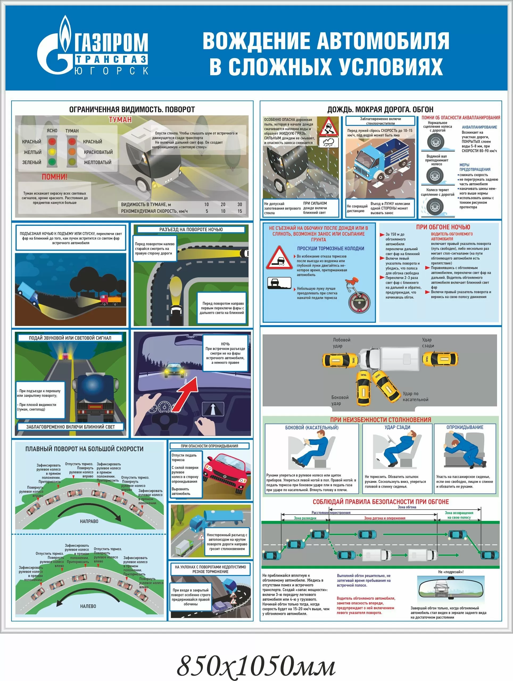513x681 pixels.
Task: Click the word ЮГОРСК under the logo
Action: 111,71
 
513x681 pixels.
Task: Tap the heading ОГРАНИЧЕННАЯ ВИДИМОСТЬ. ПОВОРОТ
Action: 132,109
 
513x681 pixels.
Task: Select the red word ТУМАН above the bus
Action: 120,119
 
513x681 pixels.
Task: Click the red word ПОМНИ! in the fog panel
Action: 55,177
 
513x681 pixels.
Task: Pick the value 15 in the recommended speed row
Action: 240,211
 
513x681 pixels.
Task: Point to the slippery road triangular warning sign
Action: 328,127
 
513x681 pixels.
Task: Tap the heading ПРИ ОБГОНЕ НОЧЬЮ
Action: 443,227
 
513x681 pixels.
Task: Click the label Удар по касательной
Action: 415,396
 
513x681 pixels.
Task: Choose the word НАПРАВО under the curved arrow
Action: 89,521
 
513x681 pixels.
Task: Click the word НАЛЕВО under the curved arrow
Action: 88,606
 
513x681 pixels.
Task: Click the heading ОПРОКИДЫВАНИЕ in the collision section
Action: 465,427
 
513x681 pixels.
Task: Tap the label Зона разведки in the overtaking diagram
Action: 305,518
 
